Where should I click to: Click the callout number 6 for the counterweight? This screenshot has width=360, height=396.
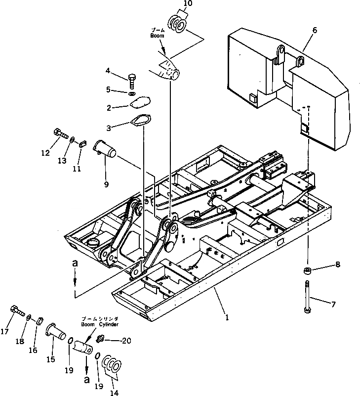[x=315, y=30]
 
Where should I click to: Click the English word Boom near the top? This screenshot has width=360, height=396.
[x=157, y=36]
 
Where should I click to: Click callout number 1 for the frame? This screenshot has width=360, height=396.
[x=227, y=317]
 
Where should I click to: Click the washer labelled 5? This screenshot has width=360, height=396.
[x=132, y=93]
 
